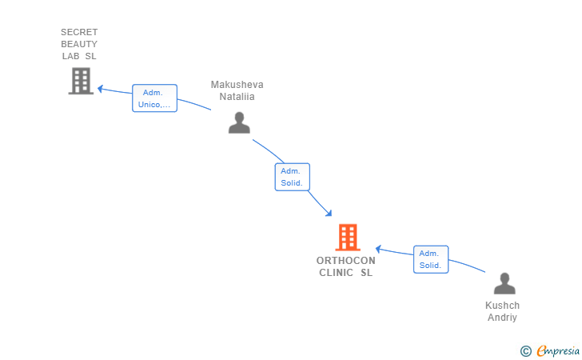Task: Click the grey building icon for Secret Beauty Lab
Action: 81,81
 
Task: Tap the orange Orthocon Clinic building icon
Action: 348,238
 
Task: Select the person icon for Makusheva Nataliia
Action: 239,122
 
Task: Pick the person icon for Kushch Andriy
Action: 504,283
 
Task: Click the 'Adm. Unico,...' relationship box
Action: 155,98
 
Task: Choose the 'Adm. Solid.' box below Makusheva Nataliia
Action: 292,177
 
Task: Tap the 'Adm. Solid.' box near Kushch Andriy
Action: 431,259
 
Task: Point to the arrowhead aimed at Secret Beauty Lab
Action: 100,89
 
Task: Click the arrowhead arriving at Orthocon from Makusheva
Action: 329,213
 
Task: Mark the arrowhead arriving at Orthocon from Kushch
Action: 378,249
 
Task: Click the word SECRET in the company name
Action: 79,32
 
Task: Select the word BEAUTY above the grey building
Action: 79,44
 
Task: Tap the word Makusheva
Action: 237,85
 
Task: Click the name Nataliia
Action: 237,97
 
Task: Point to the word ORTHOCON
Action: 346,261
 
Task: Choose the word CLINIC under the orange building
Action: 337,273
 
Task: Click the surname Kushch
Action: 503,306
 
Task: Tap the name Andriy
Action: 502,318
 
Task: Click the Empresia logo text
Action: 558,350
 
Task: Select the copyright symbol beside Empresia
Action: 526,350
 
